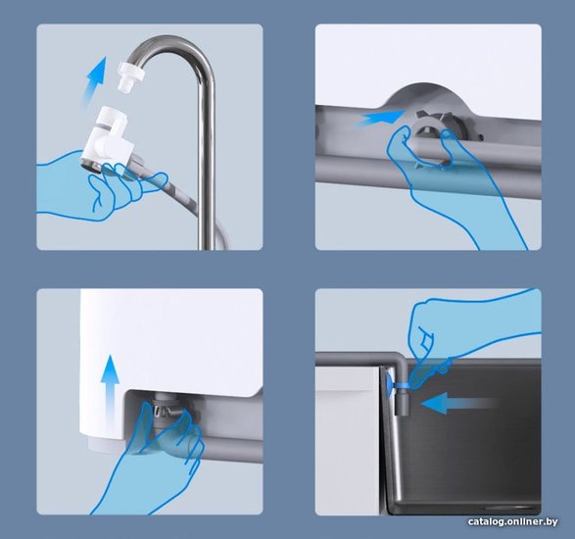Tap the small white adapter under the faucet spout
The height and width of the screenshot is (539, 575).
point(127,76)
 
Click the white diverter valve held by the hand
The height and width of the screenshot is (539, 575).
point(107,139)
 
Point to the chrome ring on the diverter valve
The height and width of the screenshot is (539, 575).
point(92,165)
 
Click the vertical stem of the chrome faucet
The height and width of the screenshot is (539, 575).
point(207,165)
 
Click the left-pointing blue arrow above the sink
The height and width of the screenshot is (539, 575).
point(457,404)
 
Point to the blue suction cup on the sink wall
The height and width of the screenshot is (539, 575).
point(389,384)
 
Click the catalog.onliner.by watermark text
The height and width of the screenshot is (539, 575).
point(512,521)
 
